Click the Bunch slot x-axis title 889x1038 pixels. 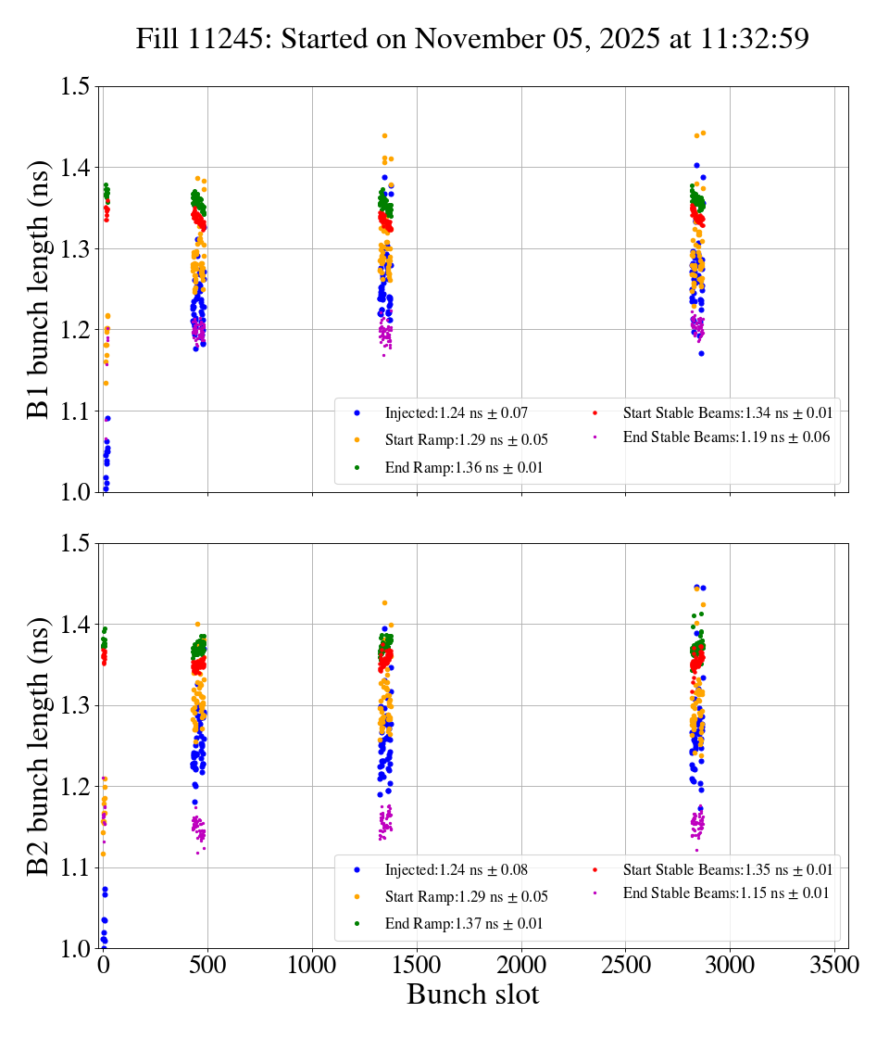[x=472, y=995]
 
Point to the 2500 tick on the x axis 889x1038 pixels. [x=626, y=966]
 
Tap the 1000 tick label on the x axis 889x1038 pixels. [x=312, y=966]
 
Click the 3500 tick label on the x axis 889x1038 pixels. [x=834, y=966]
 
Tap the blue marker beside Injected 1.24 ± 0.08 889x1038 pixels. [x=357, y=869]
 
